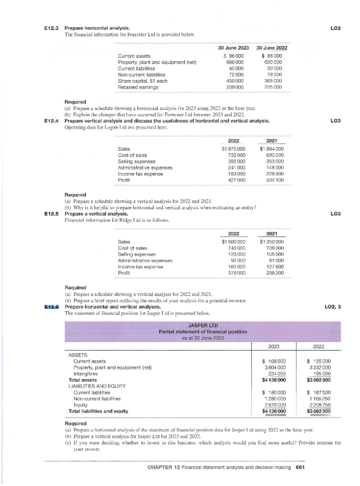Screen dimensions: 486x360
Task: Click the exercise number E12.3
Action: tap(51, 28)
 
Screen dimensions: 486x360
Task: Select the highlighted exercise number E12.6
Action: tap(52, 307)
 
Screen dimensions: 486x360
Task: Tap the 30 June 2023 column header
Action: tap(233, 48)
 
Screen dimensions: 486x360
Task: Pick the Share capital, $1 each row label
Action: tap(142, 81)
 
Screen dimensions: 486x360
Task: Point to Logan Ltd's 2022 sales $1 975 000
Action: tap(233, 149)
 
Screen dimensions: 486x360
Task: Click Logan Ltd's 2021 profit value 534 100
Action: tap(275, 180)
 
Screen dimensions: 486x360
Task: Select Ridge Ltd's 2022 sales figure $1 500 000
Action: tap(233, 242)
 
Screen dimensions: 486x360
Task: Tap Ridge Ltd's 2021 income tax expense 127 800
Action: tap(275, 267)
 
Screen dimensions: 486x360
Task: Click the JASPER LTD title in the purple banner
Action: tap(203, 325)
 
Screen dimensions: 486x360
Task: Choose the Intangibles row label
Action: tap(85, 374)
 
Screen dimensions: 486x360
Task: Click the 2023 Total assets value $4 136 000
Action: tap(274, 380)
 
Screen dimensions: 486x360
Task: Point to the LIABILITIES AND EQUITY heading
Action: tap(97, 386)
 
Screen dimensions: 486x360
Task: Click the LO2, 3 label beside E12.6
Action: tap(333, 307)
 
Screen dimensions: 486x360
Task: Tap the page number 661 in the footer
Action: tap(300, 467)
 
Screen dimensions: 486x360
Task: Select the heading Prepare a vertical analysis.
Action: tap(96, 214)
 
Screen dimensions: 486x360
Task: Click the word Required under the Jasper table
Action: tap(76, 424)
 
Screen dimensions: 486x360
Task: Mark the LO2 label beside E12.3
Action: tap(335, 28)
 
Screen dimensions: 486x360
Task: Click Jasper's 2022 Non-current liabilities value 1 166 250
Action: tap(320, 399)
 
